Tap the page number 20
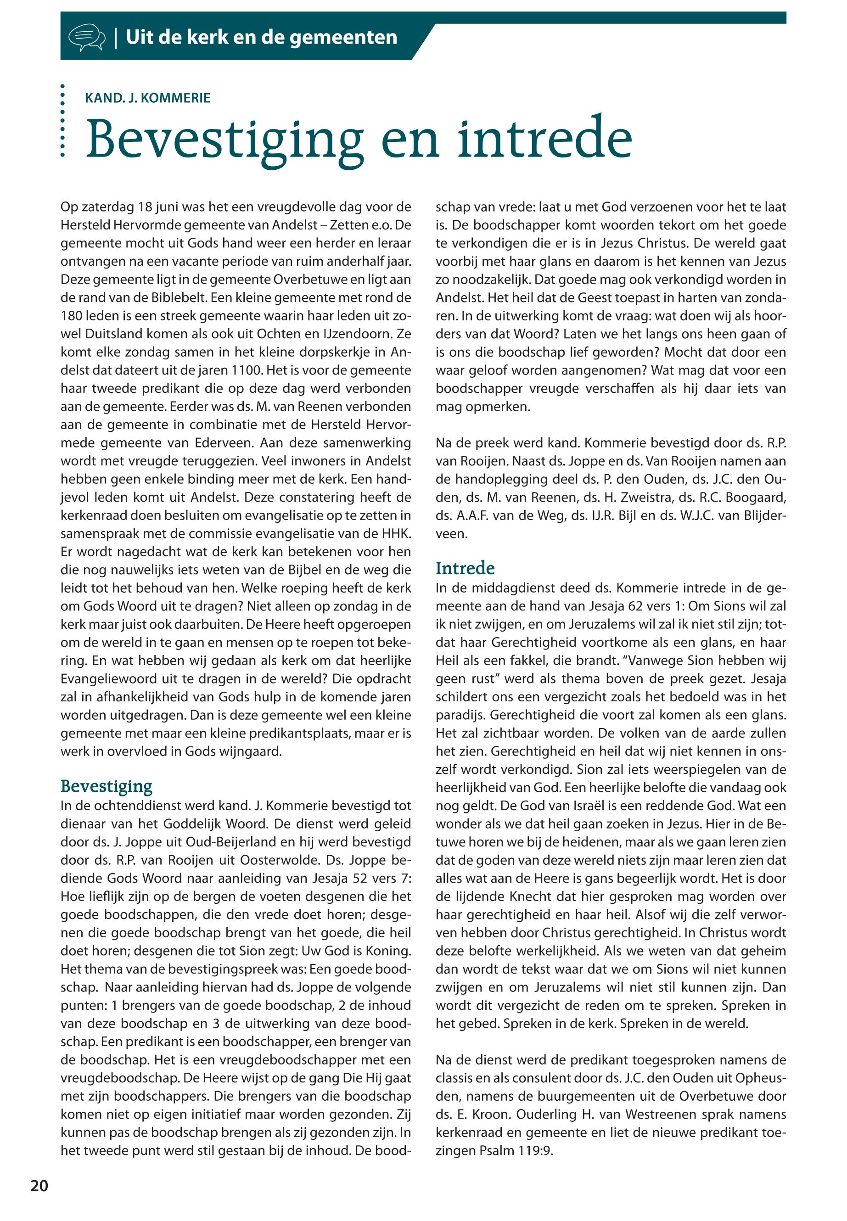[39, 1186]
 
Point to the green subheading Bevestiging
[106, 786]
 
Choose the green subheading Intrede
[465, 568]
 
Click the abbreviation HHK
[395, 533]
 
